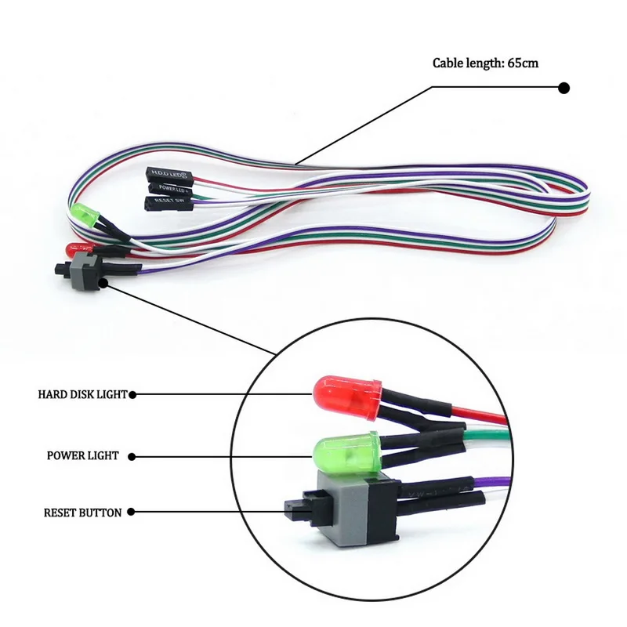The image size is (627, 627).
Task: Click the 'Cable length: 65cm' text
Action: coord(485,63)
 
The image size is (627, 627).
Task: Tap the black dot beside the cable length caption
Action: coord(564,89)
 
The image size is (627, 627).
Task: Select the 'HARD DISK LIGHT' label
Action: coord(82,394)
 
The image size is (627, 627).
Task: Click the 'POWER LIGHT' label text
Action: coord(82,455)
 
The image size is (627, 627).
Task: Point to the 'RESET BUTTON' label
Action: coord(82,513)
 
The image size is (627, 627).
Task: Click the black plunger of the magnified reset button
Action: coord(296,509)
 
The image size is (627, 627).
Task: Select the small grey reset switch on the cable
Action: coord(83,272)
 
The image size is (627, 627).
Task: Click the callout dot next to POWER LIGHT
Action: coord(131,455)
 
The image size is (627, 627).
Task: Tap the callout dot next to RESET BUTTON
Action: coord(131,513)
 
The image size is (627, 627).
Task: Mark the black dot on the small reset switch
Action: coord(104,283)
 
